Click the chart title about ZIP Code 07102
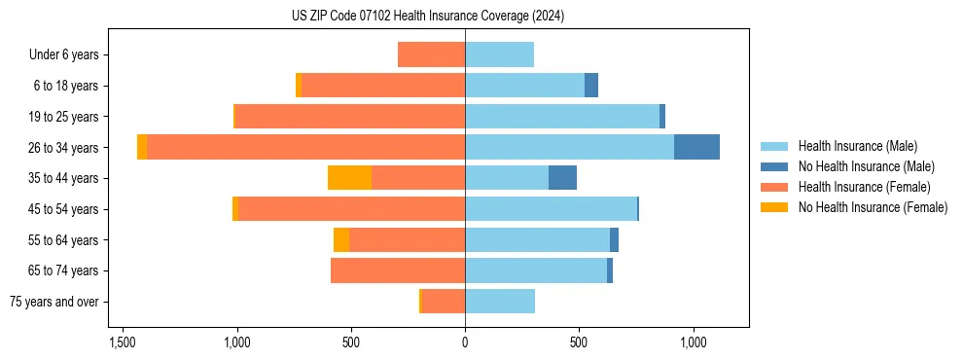[427, 17]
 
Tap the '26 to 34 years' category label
[63, 148]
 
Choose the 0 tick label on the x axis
[465, 342]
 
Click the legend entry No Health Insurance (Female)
[872, 207]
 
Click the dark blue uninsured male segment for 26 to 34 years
[696, 147]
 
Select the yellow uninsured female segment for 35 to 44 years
[349, 178]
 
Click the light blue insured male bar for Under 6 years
[499, 54]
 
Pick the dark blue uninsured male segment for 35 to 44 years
[562, 178]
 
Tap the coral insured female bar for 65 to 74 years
[398, 270]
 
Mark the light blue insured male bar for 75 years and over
[500, 302]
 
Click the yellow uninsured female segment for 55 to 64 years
[341, 240]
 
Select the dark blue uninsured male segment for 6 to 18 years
[591, 86]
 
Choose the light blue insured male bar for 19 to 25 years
[562, 117]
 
